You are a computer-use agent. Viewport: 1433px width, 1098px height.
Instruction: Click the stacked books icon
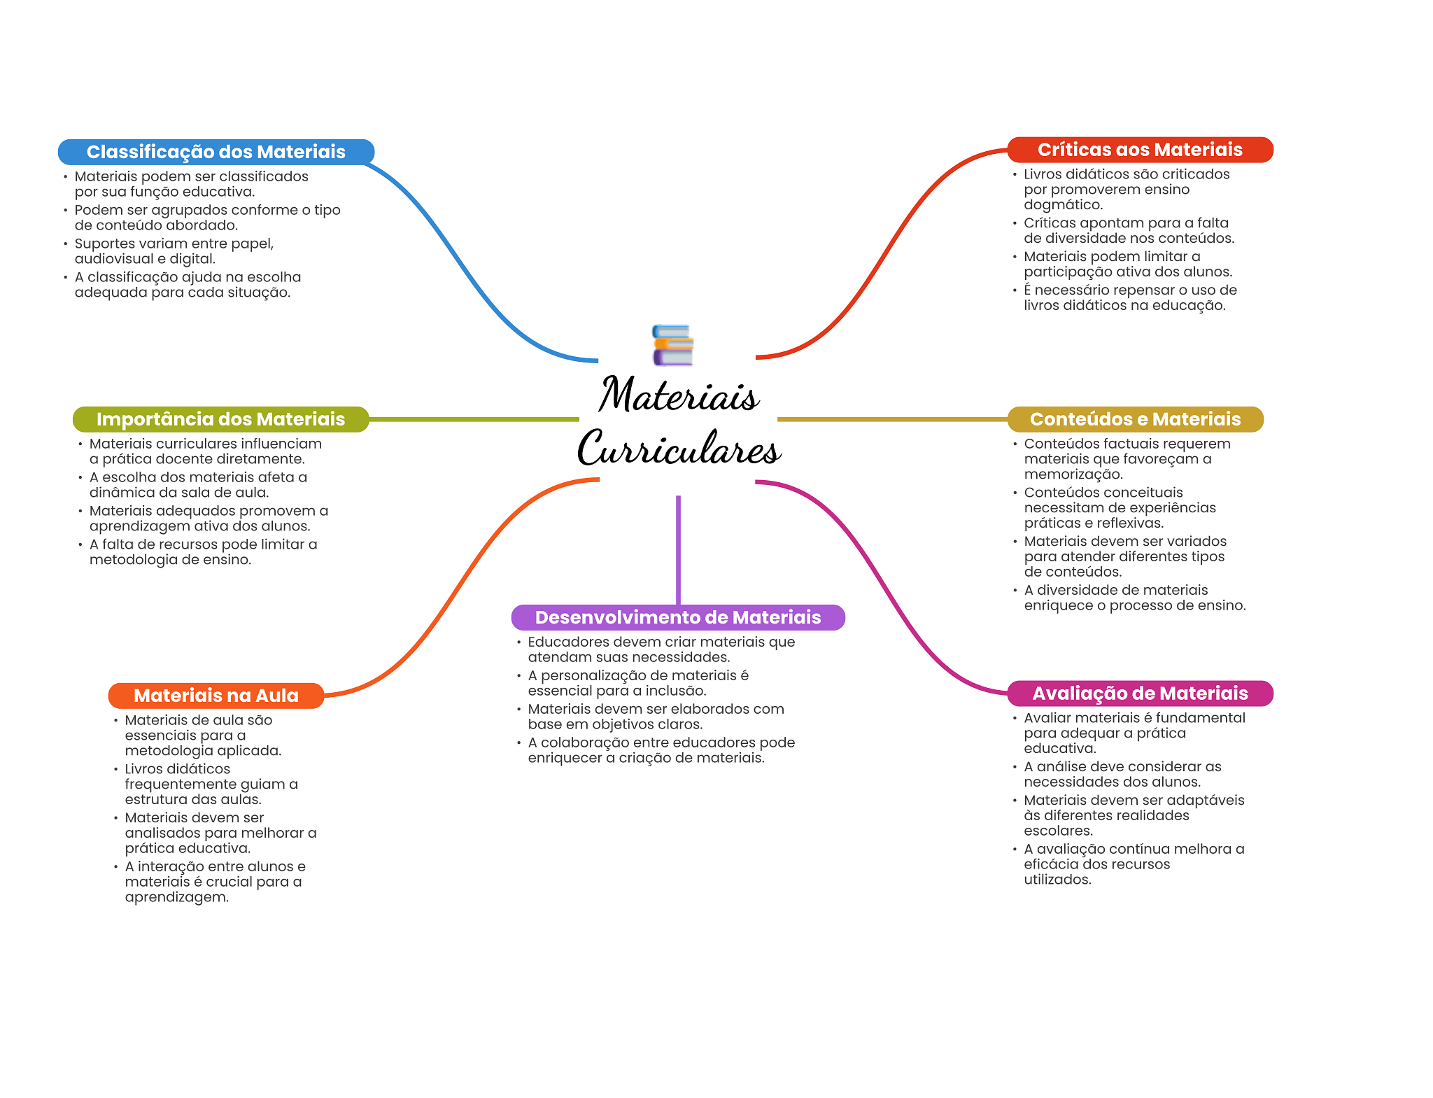tap(672, 345)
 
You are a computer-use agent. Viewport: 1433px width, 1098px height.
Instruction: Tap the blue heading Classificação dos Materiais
tap(216, 152)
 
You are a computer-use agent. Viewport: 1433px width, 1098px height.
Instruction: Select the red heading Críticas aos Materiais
tap(1139, 150)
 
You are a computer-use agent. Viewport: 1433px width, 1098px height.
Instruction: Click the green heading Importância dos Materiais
tap(220, 419)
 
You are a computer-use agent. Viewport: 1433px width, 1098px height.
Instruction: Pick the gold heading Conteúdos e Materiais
tap(1134, 419)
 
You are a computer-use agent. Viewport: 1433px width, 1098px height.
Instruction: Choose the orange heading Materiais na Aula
tap(216, 696)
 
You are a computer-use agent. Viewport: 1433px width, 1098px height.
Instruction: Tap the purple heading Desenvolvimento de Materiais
tap(677, 617)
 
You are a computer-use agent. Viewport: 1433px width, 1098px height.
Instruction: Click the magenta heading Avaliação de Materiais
tap(1139, 694)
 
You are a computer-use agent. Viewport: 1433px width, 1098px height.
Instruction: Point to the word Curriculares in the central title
tap(678, 449)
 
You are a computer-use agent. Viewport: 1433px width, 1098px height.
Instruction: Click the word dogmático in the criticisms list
tap(1062, 205)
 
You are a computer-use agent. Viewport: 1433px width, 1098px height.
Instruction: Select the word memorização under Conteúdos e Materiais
tap(1073, 474)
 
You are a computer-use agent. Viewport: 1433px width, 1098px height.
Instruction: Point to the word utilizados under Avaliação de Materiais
tap(1057, 880)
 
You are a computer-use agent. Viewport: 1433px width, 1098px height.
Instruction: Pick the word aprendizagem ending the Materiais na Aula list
tap(176, 897)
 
